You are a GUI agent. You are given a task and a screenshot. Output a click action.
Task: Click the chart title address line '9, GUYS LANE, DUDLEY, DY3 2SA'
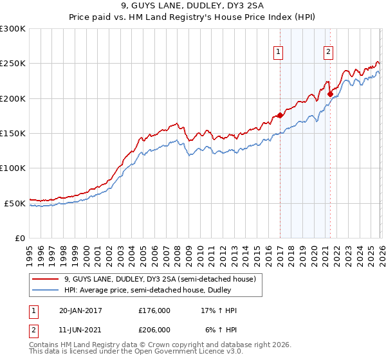click(192, 7)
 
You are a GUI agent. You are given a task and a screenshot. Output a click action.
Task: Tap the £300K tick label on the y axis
click(13, 29)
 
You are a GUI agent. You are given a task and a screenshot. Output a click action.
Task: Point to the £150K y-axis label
click(13, 134)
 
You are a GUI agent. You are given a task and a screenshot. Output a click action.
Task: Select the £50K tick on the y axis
click(15, 203)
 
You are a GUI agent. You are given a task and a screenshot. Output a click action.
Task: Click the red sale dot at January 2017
click(280, 116)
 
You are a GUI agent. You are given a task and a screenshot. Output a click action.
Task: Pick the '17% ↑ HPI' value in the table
click(219, 310)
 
